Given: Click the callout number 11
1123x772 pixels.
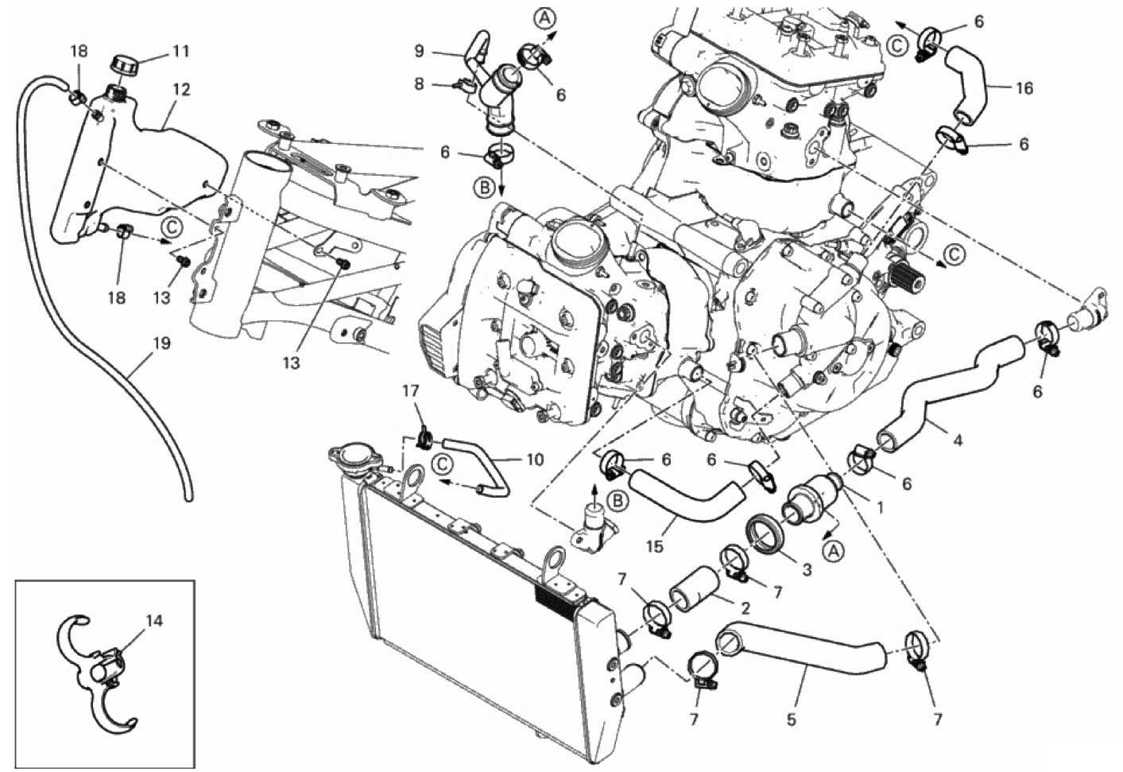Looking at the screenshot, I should pos(181,52).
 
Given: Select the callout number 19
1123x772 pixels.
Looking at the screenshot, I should pos(161,344).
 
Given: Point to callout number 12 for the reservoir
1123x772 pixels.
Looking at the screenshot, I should pos(181,90).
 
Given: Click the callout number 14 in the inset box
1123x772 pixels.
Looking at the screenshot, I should pos(154,620).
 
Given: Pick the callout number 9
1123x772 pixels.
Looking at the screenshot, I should pos(420,52).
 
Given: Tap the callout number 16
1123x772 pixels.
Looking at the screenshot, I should pos(1024,88).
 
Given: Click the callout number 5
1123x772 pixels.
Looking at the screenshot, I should pos(791,720).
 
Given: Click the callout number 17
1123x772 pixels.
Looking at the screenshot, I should pos(409,392).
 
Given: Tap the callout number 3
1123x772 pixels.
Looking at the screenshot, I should pos(807,569).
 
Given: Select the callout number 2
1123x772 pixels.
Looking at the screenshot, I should pos(745,609).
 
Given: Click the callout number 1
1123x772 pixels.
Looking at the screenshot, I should pos(879,504).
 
